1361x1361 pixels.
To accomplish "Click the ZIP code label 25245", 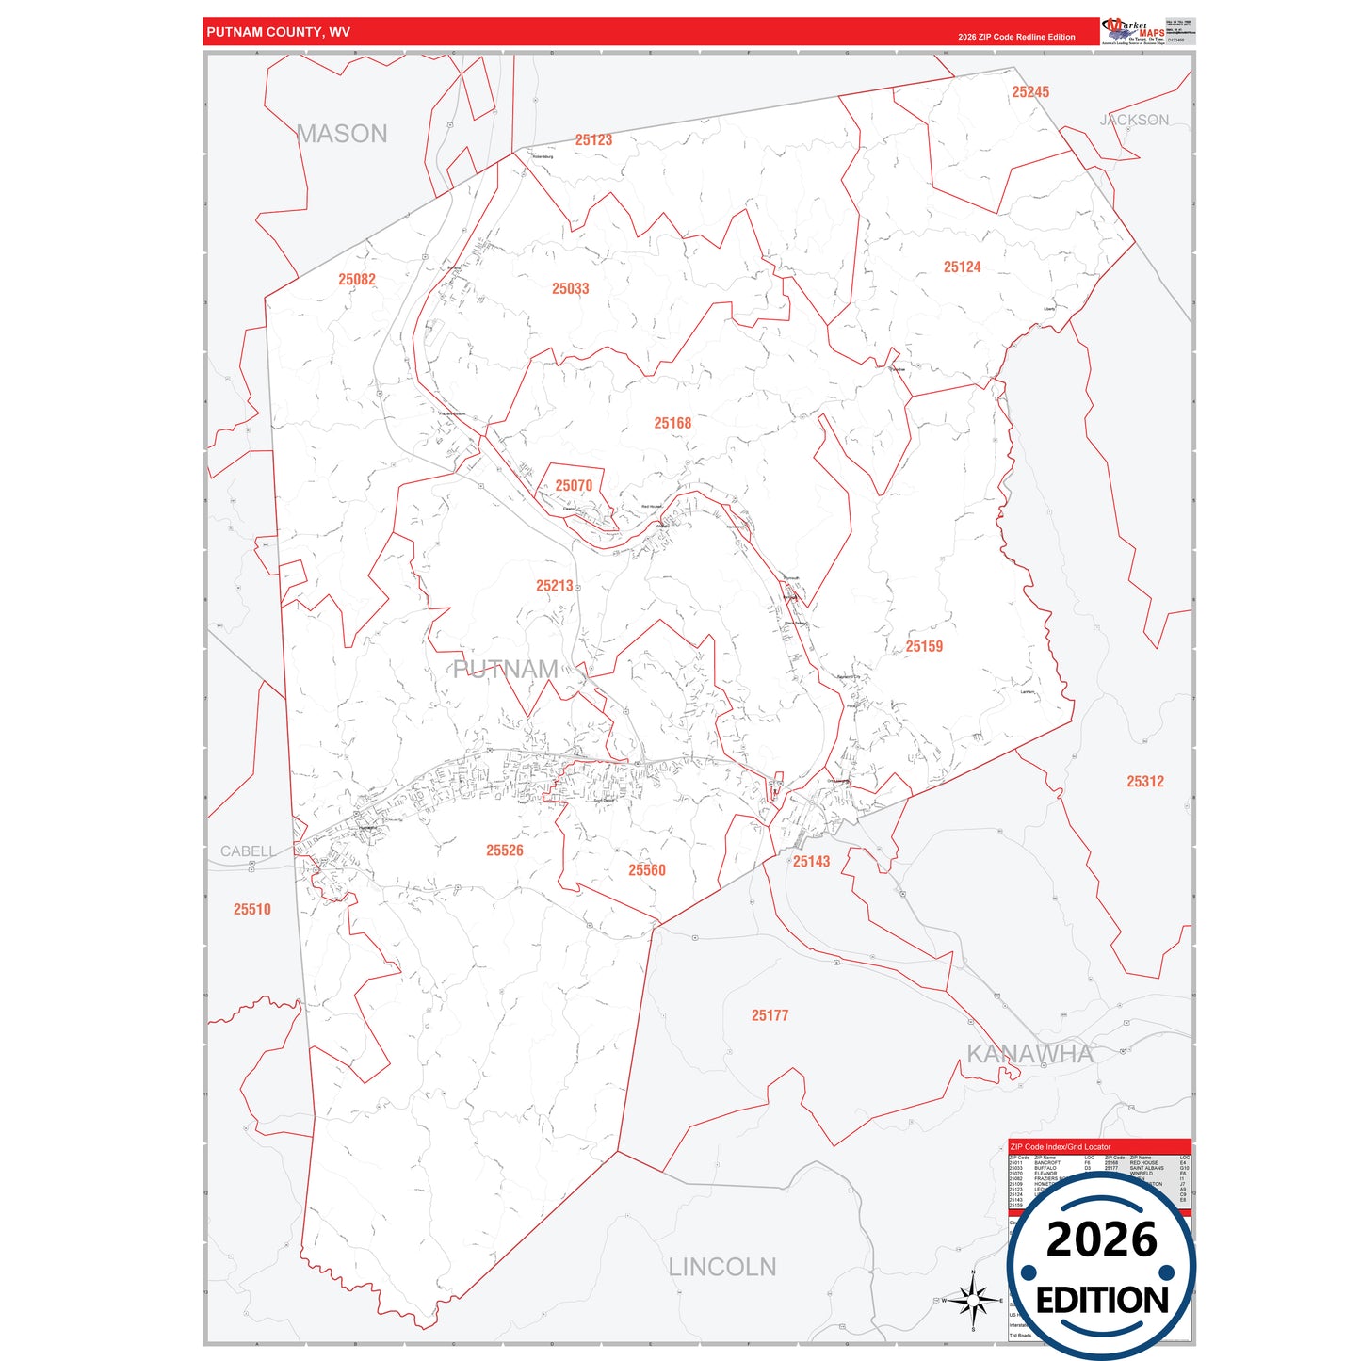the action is pyautogui.click(x=1030, y=92).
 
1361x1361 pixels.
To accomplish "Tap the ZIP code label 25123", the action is pyautogui.click(x=593, y=140).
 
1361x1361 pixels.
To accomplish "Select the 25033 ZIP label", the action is pyautogui.click(x=570, y=289).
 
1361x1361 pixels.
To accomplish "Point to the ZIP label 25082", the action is pyautogui.click(x=357, y=280).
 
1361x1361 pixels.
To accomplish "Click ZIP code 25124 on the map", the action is pyautogui.click(x=962, y=267).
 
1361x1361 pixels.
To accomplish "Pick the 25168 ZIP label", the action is pyautogui.click(x=672, y=424).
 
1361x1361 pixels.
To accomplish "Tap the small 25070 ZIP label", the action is pyautogui.click(x=574, y=486).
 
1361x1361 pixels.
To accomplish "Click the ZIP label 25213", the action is pyautogui.click(x=555, y=586).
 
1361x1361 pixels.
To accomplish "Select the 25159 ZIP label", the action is pyautogui.click(x=924, y=647).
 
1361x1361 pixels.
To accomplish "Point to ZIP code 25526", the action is pyautogui.click(x=504, y=851).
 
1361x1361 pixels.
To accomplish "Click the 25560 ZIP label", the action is pyautogui.click(x=647, y=870).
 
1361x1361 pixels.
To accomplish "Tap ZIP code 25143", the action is pyautogui.click(x=811, y=862).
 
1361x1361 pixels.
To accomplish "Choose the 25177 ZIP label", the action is pyautogui.click(x=770, y=1015).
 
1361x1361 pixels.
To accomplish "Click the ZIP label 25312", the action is pyautogui.click(x=1145, y=782).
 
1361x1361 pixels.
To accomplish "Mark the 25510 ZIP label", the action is pyautogui.click(x=251, y=910).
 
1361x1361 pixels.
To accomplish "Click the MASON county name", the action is pyautogui.click(x=342, y=134).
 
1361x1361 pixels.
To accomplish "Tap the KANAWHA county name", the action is pyautogui.click(x=1029, y=1054).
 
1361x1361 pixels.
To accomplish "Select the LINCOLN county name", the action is pyautogui.click(x=722, y=1268).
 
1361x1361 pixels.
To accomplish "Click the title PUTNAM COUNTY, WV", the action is pyautogui.click(x=278, y=32).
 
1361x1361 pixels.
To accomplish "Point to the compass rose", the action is pyautogui.click(x=973, y=1301).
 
